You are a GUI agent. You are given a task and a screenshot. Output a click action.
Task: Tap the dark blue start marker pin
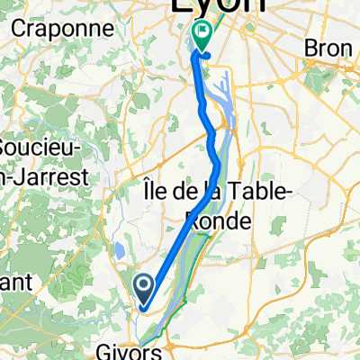tap(145, 289)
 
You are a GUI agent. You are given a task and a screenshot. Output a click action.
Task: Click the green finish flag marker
tap(202, 34)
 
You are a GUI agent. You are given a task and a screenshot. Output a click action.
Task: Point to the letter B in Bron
tap(313, 46)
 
